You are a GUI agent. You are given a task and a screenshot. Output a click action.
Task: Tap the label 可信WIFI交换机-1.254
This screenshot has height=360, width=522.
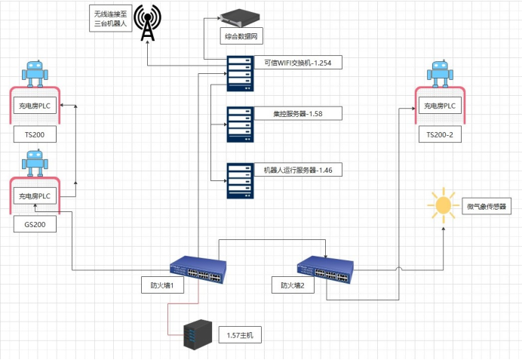click(297, 63)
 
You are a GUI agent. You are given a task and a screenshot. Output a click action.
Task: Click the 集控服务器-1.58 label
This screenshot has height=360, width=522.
click(297, 113)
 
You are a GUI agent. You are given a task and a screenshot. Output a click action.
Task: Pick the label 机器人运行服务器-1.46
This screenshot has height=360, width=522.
click(297, 170)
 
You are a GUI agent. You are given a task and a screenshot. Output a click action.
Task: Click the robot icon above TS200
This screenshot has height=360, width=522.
click(35, 73)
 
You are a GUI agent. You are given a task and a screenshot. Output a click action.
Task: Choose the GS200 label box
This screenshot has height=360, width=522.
click(35, 224)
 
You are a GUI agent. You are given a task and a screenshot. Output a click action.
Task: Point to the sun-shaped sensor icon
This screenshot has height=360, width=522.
click(442, 204)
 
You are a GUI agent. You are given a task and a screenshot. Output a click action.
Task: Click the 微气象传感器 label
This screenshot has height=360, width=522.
click(485, 206)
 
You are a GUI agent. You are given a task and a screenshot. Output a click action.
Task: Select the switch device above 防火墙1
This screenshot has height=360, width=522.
click(198, 267)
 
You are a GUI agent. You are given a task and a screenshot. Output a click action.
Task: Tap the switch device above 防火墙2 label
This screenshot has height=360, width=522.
click(325, 267)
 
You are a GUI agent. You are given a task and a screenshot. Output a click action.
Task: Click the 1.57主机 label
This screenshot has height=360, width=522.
click(240, 334)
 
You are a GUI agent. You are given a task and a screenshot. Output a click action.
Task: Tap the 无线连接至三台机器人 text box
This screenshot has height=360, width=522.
click(110, 18)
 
